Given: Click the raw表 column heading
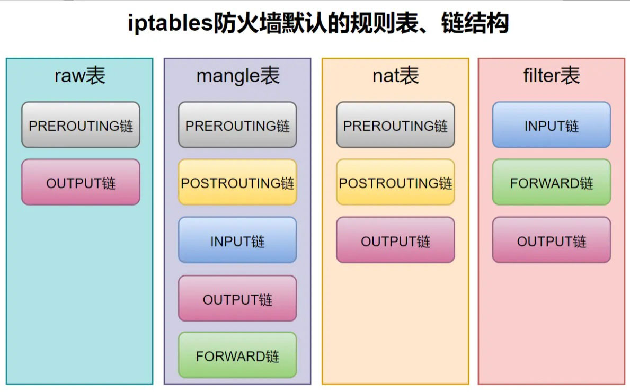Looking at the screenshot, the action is pos(80,76).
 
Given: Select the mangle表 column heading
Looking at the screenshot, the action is pos(238,76).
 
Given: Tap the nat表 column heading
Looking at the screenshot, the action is pos(396,76).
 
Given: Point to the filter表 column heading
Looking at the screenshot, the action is pos(552,76).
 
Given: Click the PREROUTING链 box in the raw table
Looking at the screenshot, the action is pos(81,125).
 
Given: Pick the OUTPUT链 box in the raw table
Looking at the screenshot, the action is pos(81,182).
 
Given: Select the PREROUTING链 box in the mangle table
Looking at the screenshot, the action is pos(237,125).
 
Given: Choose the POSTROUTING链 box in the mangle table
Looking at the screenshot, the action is pos(237,182).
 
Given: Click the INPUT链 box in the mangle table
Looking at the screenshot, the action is pos(237,240).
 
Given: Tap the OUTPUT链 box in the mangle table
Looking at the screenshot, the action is pos(237,298).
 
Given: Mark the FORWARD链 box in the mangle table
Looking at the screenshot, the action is pos(237,355).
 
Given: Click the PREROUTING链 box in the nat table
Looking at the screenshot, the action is pos(395,125).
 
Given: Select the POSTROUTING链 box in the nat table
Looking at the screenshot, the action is pos(395,182).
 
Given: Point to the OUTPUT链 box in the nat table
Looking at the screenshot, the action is pos(395,240).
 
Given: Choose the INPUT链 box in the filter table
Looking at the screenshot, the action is pos(552,125).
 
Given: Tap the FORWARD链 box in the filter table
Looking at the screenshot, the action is pos(552,182).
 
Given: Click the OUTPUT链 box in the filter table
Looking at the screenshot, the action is pos(552,240).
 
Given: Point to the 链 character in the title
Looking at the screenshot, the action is pos(452,23).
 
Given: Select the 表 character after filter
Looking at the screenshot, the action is pos(571,76).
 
